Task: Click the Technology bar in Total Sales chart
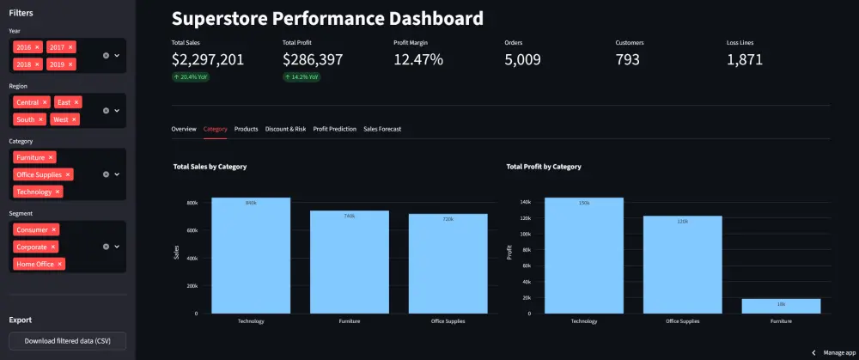pos(251,255)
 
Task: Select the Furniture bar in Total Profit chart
pos(781,306)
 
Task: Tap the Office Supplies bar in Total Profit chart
pos(683,265)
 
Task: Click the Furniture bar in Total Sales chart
pos(350,262)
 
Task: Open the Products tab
pos(246,129)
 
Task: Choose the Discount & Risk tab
pos(285,129)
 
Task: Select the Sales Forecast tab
pos(382,129)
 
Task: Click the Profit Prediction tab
pos(334,129)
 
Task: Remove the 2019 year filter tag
pos(71,64)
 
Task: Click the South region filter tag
pos(26,119)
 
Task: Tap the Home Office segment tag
pos(34,264)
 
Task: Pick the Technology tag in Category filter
pos(34,192)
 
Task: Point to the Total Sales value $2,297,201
pos(208,60)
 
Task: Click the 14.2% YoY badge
pos(302,76)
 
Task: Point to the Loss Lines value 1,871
pos(745,60)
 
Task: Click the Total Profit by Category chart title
pos(544,167)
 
